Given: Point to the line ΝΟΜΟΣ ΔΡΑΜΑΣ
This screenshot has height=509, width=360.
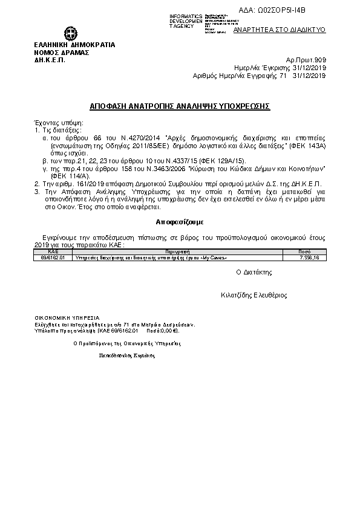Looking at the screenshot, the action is (62, 52).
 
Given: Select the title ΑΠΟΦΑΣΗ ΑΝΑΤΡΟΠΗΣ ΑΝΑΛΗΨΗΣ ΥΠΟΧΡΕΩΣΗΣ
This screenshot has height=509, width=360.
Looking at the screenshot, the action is (180, 105).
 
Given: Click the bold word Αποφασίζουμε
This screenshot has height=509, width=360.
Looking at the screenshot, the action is (180, 222).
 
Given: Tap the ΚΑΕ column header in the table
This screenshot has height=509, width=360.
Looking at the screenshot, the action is (53, 250).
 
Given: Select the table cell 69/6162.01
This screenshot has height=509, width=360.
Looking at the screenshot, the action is (53, 257).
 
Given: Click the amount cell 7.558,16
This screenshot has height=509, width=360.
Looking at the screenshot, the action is (309, 257).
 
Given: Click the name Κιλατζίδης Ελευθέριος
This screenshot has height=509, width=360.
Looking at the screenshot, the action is (254, 296).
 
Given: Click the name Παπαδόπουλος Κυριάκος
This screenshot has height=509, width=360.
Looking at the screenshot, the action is (126, 355).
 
